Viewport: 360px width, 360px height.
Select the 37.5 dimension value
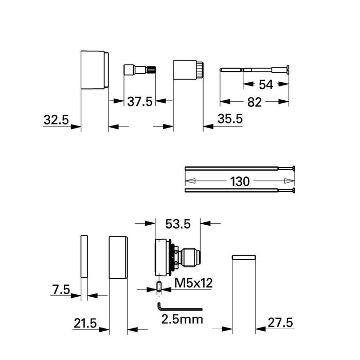140,101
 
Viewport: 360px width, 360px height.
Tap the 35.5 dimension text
230,119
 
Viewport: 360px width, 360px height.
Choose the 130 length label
239,182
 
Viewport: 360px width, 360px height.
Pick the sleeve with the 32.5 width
95,69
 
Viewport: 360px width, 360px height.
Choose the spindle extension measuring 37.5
138,70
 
